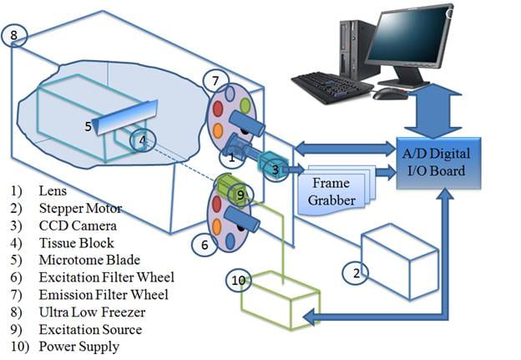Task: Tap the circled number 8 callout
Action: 18,36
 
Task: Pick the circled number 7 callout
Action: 215,81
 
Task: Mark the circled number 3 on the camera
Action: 275,170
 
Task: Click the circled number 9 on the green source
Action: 240,195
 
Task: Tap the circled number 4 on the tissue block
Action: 143,139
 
